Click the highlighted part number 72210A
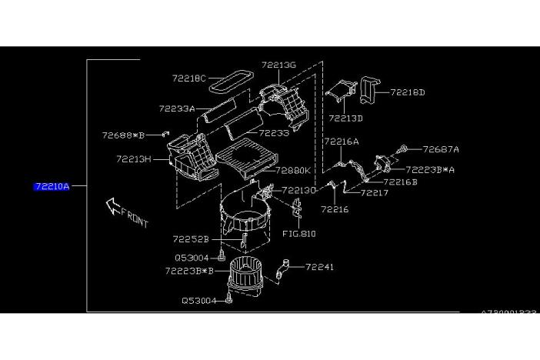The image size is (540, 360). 51,185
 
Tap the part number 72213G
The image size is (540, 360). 278,65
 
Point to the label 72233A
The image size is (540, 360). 177,108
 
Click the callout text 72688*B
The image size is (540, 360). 124,135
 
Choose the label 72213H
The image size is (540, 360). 133,159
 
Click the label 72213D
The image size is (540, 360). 345,118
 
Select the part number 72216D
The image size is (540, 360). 408,92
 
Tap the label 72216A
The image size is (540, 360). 341,142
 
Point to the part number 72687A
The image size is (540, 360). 441,149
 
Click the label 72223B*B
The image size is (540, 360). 188,271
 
